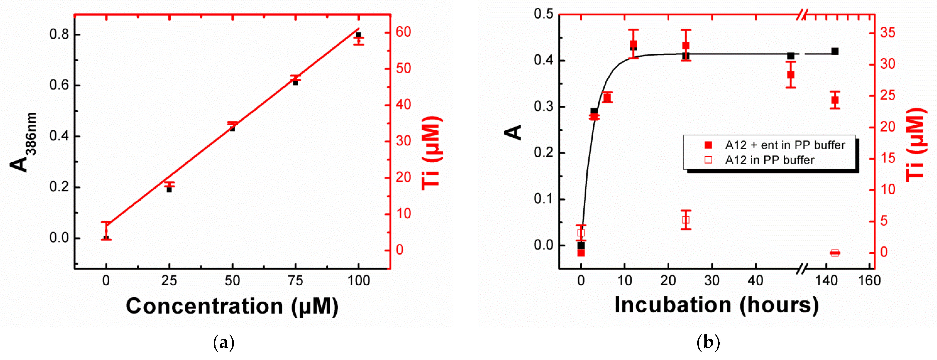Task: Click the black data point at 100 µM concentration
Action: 358,35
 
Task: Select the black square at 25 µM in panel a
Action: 169,190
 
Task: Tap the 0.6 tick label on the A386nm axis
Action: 59,85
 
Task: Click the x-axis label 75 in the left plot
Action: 295,281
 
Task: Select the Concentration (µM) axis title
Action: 232,306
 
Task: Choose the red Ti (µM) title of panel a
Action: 432,153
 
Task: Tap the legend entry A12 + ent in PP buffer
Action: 785,145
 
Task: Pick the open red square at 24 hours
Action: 686,220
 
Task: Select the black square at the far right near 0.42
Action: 835,52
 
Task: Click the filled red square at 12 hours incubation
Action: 633,45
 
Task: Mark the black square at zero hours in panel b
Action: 581,246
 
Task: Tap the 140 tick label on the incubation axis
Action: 826,281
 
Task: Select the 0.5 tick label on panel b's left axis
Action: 544,14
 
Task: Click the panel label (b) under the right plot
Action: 708,342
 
